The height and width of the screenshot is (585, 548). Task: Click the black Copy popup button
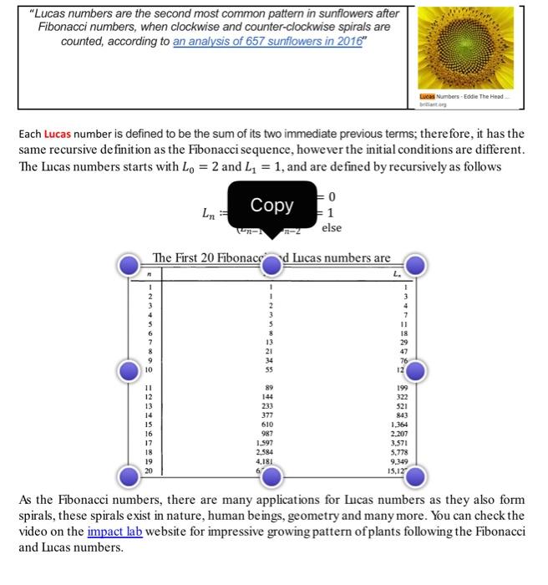point(271,205)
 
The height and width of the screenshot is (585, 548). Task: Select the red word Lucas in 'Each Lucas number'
point(58,134)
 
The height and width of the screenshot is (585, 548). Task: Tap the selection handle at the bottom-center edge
point(272,477)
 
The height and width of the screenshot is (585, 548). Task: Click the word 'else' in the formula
point(332,227)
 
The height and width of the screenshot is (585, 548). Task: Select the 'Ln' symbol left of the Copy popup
point(212,214)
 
